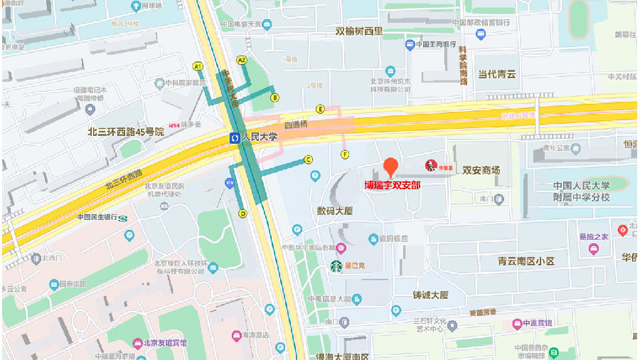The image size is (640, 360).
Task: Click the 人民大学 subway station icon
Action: click(234, 137)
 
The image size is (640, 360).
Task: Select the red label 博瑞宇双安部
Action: click(393, 185)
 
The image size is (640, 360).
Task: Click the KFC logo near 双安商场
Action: click(430, 166)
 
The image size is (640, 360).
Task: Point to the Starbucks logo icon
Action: click(335, 267)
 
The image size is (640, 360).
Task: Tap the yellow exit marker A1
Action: click(198, 66)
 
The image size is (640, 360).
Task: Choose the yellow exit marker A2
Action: click(242, 60)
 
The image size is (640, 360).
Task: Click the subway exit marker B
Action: click(274, 97)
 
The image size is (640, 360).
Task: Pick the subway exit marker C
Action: click(308, 160)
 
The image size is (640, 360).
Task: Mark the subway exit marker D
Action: click(242, 213)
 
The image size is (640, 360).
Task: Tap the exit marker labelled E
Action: click(321, 109)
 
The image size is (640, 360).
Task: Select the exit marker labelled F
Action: click(345, 154)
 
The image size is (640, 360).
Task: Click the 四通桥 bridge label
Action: click(295, 125)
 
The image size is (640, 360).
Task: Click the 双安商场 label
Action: click(481, 170)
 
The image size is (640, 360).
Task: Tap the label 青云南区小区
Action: click(526, 261)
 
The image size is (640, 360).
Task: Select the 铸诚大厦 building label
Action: click(430, 295)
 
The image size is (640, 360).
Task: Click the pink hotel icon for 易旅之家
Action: click(592, 248)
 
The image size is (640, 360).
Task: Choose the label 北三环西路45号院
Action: click(126, 132)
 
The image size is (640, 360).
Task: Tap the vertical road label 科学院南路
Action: click(463, 65)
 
